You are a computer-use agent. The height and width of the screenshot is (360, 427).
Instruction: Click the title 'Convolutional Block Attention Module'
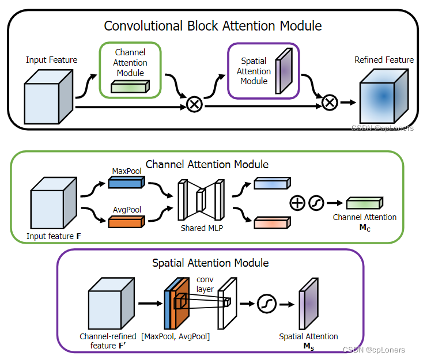(213, 26)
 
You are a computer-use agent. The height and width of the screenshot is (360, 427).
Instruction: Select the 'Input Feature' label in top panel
(51, 60)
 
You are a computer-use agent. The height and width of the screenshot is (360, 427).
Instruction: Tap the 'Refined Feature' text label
(384, 60)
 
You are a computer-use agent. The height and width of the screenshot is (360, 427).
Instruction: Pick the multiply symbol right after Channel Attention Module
(194, 104)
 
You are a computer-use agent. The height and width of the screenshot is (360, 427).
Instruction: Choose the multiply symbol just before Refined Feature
(328, 103)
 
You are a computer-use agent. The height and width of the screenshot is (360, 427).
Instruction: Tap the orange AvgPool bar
(125, 219)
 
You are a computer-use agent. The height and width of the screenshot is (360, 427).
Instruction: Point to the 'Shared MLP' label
(201, 228)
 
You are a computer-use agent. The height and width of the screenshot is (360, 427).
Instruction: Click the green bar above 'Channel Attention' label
(364, 203)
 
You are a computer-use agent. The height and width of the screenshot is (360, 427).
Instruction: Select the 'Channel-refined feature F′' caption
(108, 340)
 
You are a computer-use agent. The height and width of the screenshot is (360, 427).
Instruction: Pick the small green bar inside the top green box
(130, 86)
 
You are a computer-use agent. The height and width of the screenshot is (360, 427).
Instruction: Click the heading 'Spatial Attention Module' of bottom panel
(210, 263)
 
